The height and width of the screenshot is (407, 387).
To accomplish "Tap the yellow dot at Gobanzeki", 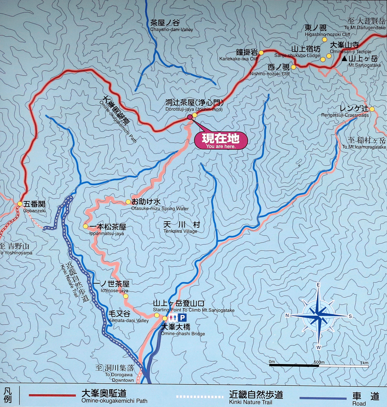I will pyautogui.click(x=20, y=204).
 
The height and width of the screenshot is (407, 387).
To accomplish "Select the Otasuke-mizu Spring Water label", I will pyautogui.click(x=160, y=205).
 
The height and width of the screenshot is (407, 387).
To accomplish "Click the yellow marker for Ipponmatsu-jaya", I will pyautogui.click(x=85, y=226).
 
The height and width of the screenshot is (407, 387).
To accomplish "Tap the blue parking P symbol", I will pyautogui.click(x=183, y=318).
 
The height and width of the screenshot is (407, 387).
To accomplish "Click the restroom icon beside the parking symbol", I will pyautogui.click(x=173, y=318).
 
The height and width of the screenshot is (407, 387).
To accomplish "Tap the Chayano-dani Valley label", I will pyautogui.click(x=171, y=25).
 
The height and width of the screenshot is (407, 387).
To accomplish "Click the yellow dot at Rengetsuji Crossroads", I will pyautogui.click(x=372, y=109).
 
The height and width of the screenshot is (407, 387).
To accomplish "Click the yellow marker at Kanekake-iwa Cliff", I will pyautogui.click(x=261, y=53).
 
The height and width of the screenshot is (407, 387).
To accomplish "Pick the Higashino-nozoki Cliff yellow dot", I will pyautogui.click(x=325, y=40).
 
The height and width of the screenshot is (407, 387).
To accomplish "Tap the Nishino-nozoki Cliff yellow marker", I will pyautogui.click(x=293, y=67).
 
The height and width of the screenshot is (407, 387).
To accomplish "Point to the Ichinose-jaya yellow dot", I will pyautogui.click(x=126, y=296).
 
